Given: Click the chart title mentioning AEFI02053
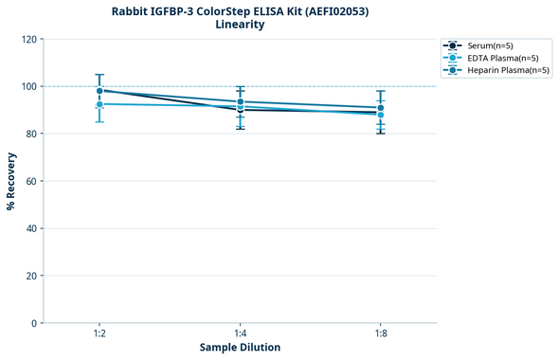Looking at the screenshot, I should [x=240, y=10].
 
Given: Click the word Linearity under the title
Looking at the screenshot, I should [x=240, y=25].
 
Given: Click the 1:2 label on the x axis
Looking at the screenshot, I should [x=99, y=333].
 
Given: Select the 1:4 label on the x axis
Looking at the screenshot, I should [x=240, y=333].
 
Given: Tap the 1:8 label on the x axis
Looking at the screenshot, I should [x=381, y=333].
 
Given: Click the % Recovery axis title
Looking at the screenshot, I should [x=11, y=181].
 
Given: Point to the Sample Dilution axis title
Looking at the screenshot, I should [x=240, y=348].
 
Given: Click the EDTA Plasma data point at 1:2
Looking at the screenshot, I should [x=99, y=104].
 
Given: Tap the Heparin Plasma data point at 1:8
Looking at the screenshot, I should [x=381, y=108].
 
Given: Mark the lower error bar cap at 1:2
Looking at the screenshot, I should [x=99, y=121].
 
